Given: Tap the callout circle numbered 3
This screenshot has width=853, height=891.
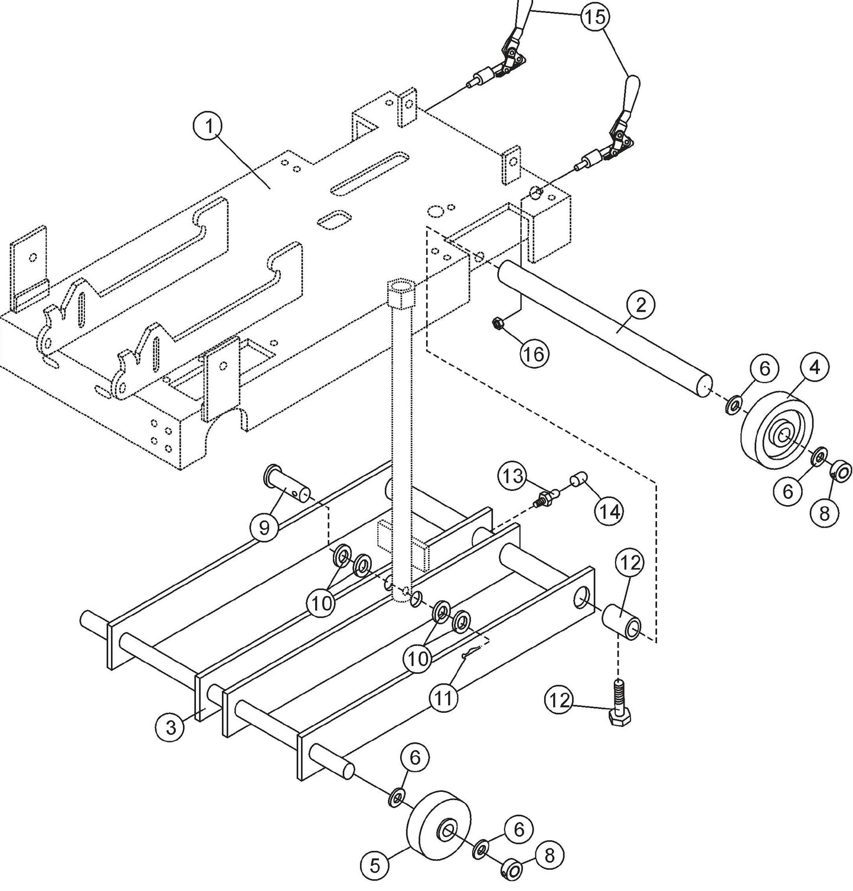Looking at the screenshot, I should (x=171, y=727).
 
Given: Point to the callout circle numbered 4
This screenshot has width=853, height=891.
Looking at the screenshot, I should (x=814, y=368).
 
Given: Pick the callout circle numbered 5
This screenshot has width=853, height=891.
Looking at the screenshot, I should (x=375, y=866).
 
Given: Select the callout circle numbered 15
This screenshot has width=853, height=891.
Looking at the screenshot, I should (x=596, y=17).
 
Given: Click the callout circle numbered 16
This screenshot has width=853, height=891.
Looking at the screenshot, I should (x=535, y=353).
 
